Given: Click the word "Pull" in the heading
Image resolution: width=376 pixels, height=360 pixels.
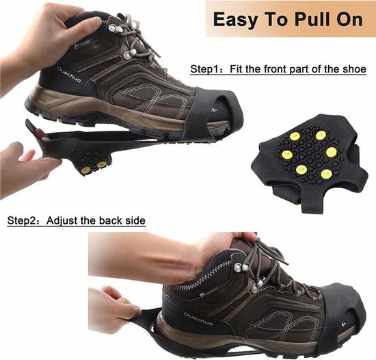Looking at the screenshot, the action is [x=312, y=19].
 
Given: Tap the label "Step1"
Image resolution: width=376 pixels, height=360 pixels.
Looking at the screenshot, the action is [x=205, y=69].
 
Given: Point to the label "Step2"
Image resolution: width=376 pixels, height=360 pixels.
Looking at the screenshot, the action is [x=22, y=220].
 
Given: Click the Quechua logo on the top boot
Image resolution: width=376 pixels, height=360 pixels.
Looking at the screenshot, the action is [x=69, y=75].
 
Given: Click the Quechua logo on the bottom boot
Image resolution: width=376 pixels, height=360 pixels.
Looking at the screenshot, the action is [x=198, y=319].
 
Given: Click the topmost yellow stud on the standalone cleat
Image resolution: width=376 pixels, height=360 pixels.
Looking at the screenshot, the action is [x=321, y=136].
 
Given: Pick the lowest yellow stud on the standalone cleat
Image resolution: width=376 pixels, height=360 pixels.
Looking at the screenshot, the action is [x=326, y=173].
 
